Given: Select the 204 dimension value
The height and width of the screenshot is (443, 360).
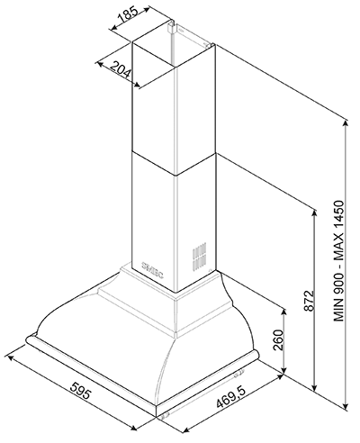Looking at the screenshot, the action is [x=121, y=69].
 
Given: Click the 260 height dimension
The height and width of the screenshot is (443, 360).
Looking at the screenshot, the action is [x=278, y=339].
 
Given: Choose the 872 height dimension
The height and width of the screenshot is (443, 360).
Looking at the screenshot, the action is [x=309, y=301].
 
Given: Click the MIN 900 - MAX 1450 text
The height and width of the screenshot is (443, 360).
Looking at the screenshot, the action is [x=339, y=261].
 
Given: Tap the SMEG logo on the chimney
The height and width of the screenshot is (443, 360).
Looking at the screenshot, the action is [x=152, y=269].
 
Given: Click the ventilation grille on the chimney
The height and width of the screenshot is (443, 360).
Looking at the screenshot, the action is [x=200, y=255].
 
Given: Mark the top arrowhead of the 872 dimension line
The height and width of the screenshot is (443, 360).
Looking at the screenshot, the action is [x=314, y=212].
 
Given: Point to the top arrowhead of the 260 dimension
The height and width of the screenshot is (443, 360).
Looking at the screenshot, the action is [x=283, y=311].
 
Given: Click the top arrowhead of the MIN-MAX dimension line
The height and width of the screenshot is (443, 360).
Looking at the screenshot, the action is [x=346, y=122].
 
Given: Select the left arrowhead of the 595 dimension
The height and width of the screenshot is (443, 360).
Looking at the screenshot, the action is [x=10, y=357].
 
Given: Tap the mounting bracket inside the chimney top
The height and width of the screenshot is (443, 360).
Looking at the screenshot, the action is [x=170, y=28].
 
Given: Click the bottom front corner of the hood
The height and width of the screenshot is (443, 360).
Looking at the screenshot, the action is [x=157, y=416].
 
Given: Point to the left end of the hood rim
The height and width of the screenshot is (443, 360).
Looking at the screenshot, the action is [x=27, y=339].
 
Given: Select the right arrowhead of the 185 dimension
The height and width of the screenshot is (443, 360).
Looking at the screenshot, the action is [x=146, y=9].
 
